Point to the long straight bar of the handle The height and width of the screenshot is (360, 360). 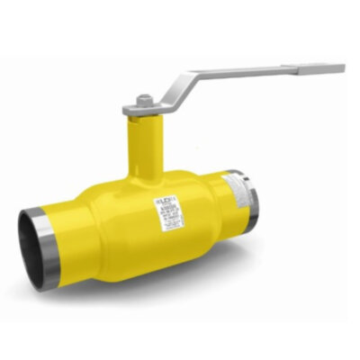tap(252, 71)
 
